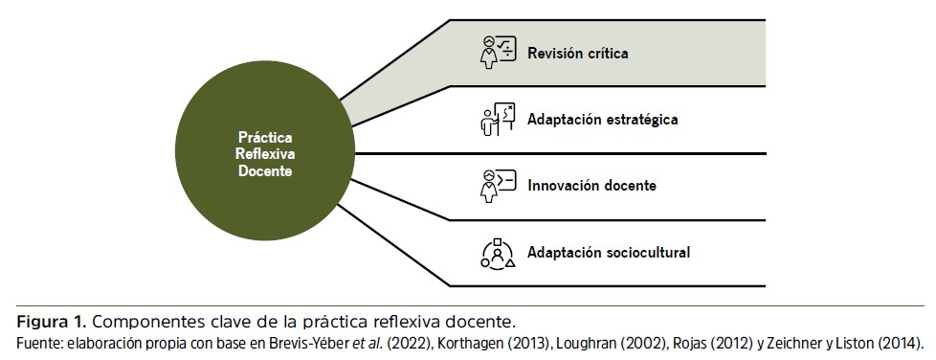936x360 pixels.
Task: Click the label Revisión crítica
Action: pyautogui.click(x=577, y=53)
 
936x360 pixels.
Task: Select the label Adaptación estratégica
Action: pyautogui.click(x=602, y=120)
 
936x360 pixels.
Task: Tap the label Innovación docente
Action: pyautogui.click(x=591, y=186)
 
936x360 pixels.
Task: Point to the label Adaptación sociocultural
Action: pyautogui.click(x=609, y=253)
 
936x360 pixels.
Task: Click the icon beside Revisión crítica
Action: pyautogui.click(x=498, y=53)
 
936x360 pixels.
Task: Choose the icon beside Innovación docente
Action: pyautogui.click(x=498, y=186)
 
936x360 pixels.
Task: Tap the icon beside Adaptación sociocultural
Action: pyautogui.click(x=498, y=253)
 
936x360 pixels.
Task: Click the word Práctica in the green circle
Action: pyautogui.click(x=265, y=138)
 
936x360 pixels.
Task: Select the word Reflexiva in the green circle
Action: pyautogui.click(x=265, y=154)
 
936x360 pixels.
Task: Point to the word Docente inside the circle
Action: pyautogui.click(x=265, y=170)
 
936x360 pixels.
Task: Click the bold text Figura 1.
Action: pyautogui.click(x=52, y=323)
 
